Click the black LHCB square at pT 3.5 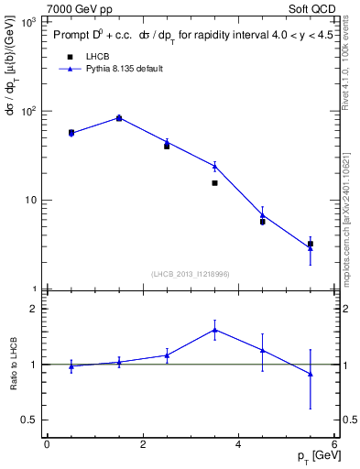click(x=214, y=183)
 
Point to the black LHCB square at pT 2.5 click(x=167, y=146)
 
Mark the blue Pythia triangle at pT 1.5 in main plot click(x=119, y=117)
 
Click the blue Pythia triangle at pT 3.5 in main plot click(x=214, y=166)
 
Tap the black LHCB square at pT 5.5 click(x=311, y=244)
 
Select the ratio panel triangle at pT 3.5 click(x=214, y=330)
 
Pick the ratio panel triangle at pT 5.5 click(x=311, y=374)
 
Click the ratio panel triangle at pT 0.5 click(x=71, y=365)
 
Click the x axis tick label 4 click(x=238, y=444)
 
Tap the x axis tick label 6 click(x=334, y=444)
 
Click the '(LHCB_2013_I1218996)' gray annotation click(x=190, y=274)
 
